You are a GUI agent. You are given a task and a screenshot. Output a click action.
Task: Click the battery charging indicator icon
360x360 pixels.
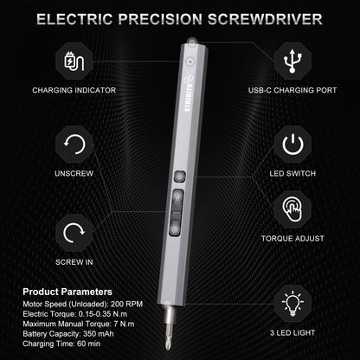(75, 64)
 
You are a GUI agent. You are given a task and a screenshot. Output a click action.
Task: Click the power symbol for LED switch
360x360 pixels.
(292, 144)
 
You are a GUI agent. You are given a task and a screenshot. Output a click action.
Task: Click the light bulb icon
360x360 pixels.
(292, 305)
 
